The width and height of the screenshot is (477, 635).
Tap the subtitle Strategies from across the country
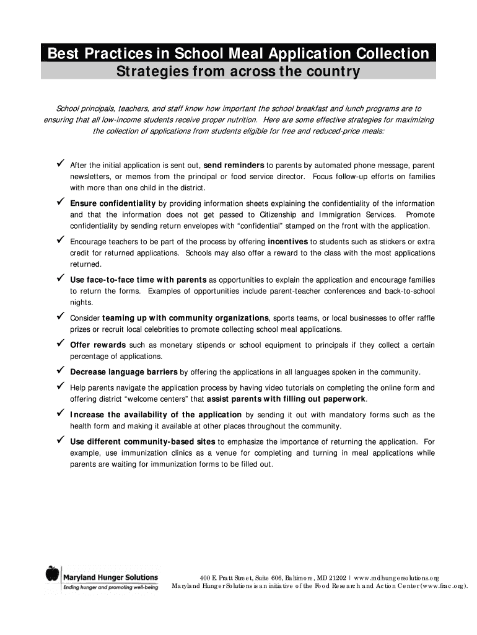(x=239, y=72)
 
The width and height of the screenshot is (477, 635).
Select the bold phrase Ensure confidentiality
(x=113, y=203)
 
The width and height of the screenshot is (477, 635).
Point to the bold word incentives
(x=288, y=241)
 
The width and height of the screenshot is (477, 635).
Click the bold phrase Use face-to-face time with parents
(x=138, y=280)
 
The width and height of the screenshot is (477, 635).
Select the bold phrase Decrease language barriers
(x=124, y=372)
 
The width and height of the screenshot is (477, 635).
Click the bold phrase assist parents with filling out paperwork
(x=286, y=399)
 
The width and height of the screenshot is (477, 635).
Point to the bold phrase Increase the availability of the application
(x=155, y=414)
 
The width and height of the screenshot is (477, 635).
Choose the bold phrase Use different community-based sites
(x=142, y=442)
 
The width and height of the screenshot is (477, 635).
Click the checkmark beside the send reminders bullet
(x=61, y=164)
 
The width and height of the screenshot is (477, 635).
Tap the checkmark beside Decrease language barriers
(x=61, y=371)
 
